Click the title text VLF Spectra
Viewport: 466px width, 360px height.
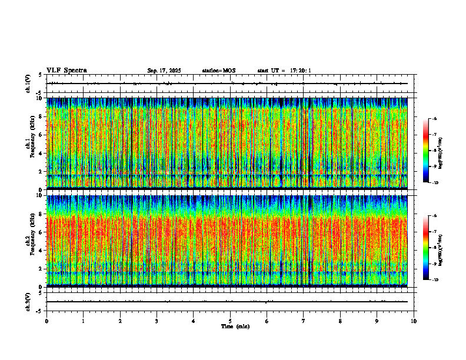[66, 71]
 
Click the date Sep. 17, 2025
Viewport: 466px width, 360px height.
[164, 71]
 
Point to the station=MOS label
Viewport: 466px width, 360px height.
[218, 71]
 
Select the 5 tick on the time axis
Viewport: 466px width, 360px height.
[231, 321]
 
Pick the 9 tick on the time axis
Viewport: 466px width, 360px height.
[378, 321]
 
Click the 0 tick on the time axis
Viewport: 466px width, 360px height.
[46, 321]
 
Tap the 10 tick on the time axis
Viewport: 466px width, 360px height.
[414, 321]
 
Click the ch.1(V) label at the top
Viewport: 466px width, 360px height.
[28, 84]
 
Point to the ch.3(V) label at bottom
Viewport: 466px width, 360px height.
[28, 301]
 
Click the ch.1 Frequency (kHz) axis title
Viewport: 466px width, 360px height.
[29, 143]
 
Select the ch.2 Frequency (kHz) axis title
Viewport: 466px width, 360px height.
[29, 241]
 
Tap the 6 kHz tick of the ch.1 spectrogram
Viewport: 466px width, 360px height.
[41, 135]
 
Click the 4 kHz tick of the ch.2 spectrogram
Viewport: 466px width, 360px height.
[41, 250]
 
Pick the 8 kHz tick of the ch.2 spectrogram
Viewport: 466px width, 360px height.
[41, 214]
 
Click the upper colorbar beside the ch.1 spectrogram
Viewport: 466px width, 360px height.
[431, 151]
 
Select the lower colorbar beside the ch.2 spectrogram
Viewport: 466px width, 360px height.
[431, 248]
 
